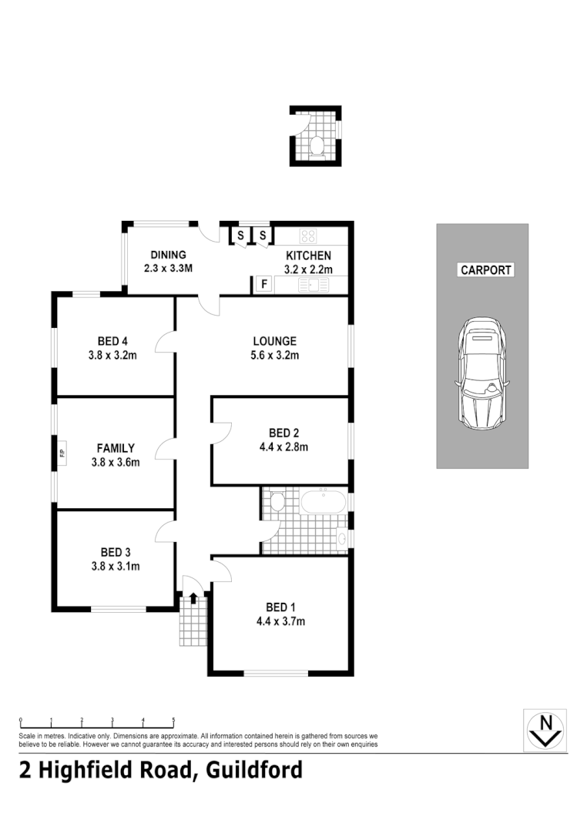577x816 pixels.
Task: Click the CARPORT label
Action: pos(486,270)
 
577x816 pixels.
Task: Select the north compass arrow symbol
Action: pos(546,729)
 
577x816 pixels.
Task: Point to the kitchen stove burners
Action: pos(308,236)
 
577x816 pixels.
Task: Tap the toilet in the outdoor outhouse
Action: pos(316,144)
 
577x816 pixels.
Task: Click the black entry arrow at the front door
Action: pos(193,597)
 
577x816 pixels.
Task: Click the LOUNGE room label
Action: pos(275,341)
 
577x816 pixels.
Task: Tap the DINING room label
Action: pos(168,256)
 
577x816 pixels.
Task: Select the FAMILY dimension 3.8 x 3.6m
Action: pos(116,462)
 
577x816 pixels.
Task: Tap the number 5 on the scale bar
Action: pos(173,721)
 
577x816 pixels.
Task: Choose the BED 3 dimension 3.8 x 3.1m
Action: pos(116,567)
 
